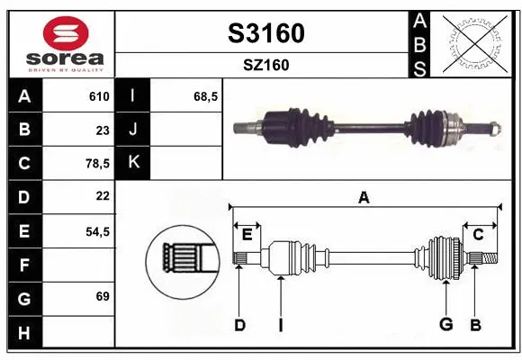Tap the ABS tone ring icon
click(473, 42)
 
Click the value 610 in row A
click(98, 96)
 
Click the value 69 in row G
click(102, 296)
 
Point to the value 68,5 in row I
click(206, 96)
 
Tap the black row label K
click(133, 163)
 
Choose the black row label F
click(23, 265)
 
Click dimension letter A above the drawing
click(364, 198)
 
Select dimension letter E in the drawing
click(246, 235)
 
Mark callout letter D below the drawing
click(239, 325)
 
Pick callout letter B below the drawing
click(475, 325)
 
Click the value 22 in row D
click(102, 196)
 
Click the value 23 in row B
click(102, 130)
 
